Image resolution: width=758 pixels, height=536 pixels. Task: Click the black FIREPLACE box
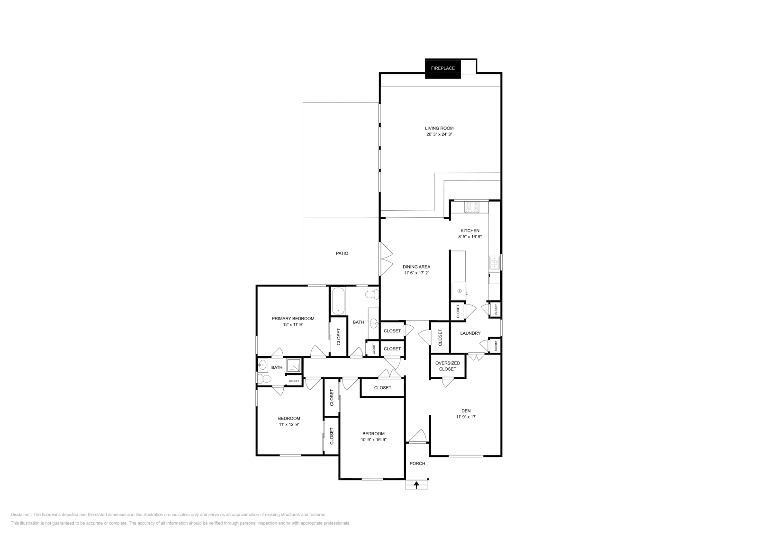[x=442, y=68]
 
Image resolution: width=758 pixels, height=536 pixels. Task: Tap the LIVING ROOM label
[x=439, y=128]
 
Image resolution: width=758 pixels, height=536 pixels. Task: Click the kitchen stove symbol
[x=472, y=206]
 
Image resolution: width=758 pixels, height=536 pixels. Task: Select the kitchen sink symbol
[x=495, y=262]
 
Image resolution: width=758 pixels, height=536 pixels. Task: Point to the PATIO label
[x=342, y=253]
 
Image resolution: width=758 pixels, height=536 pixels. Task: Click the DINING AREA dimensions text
[x=416, y=273]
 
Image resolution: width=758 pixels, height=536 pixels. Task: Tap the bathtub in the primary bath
[x=338, y=301]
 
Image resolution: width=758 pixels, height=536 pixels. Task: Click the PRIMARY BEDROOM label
[x=293, y=319]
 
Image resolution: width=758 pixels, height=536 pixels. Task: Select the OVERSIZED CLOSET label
[x=447, y=366]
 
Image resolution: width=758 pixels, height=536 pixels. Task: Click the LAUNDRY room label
[x=470, y=333]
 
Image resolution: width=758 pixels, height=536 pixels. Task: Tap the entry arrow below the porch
[x=417, y=484]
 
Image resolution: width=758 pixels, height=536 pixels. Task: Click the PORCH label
[x=417, y=464]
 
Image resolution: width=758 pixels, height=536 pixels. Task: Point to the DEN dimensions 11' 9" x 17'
[x=466, y=417]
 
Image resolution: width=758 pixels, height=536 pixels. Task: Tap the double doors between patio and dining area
[x=386, y=259]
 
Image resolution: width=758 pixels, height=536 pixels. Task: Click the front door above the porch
[x=417, y=437]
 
